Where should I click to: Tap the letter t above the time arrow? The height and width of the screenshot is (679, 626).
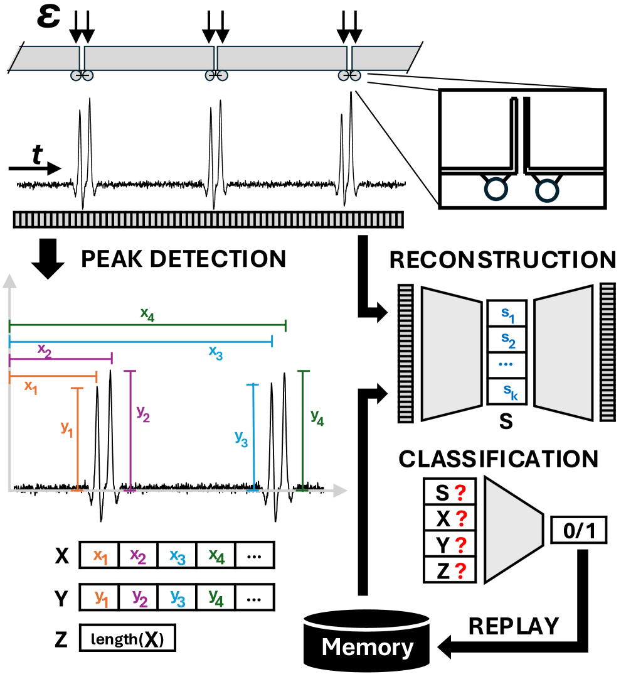pos(38,155)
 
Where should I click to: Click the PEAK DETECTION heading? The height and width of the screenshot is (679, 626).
pos(183,258)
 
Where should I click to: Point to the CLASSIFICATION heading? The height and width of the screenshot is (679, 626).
pos(499,459)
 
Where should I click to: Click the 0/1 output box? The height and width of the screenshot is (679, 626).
pos(579,533)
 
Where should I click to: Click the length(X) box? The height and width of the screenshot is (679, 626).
pos(127,639)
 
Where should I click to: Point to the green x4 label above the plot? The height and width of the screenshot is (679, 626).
pos(147,313)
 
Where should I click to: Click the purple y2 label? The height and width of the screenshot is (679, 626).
pos(144,411)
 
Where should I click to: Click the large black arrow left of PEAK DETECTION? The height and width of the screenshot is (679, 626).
pos(47,261)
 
